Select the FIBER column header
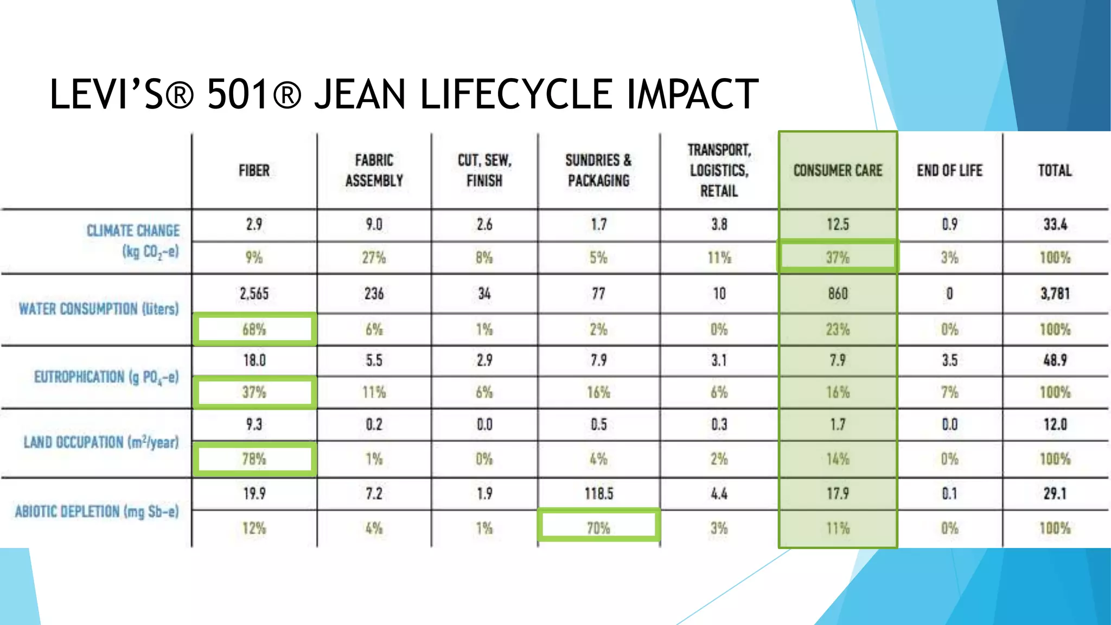tap(254, 170)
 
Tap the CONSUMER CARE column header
tap(838, 170)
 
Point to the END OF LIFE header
tap(949, 170)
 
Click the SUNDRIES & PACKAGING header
tap(598, 170)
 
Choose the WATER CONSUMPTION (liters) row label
tap(99, 309)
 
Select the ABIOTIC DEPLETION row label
tap(97, 512)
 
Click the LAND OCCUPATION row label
tap(101, 442)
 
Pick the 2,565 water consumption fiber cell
tap(254, 294)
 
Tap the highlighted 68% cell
tap(254, 329)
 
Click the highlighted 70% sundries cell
tap(598, 527)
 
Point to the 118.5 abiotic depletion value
tap(598, 494)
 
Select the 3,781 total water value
tap(1055, 294)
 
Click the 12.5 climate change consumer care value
tap(838, 225)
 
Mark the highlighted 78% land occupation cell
tap(254, 459)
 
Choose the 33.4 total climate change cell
tap(1055, 225)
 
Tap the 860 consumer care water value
tap(838, 294)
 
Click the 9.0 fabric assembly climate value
tap(374, 225)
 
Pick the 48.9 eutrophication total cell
tap(1055, 360)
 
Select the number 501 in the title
tap(237, 95)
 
